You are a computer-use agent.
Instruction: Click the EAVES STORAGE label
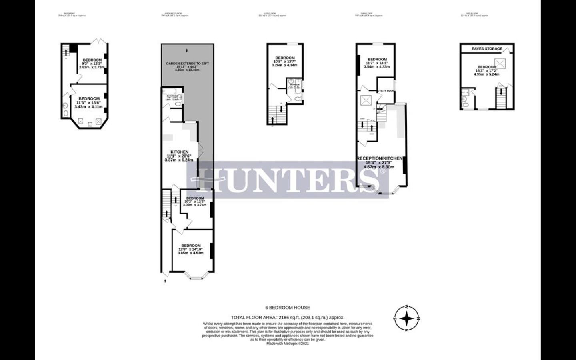pyautogui.click(x=486, y=49)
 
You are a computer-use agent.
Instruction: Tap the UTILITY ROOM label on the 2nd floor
pyautogui.click(x=386, y=91)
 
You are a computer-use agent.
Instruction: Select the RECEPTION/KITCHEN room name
pyautogui.click(x=379, y=158)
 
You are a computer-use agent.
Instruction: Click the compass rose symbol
pyautogui.click(x=407, y=318)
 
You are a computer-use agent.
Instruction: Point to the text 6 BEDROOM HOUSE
pyautogui.click(x=288, y=308)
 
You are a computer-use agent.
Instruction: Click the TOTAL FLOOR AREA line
pyautogui.click(x=288, y=317)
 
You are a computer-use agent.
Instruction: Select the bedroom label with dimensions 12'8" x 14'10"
pyautogui.click(x=191, y=246)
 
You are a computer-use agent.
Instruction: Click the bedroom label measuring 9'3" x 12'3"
pyautogui.click(x=92, y=60)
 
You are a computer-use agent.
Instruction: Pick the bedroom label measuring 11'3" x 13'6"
pyautogui.click(x=89, y=99)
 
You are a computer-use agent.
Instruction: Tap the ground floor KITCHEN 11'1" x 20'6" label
pyautogui.click(x=179, y=152)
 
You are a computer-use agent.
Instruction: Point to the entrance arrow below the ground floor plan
pyautogui.click(x=165, y=281)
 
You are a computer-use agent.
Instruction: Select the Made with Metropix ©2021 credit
pyautogui.click(x=288, y=343)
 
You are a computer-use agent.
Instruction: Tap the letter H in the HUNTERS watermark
pyautogui.click(x=211, y=180)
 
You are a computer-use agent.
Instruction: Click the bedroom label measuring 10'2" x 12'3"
pyautogui.click(x=195, y=198)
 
